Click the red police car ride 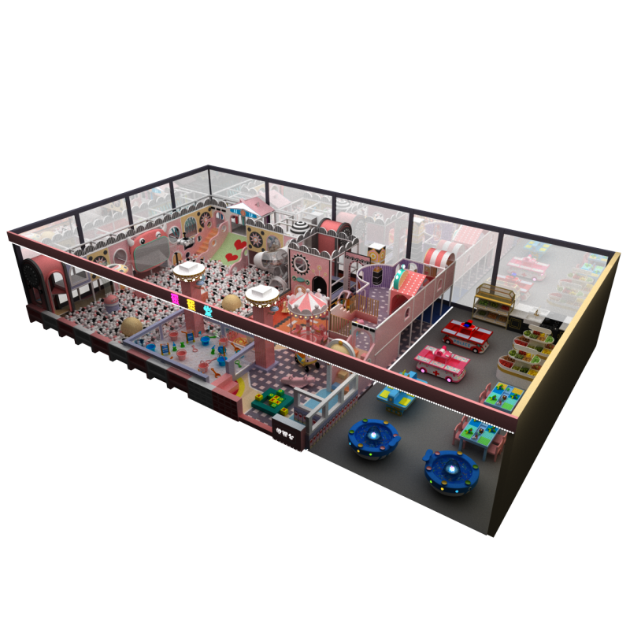[465, 334]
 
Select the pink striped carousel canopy [304, 300]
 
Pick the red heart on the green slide [235, 256]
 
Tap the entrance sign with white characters [287, 432]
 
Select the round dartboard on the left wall [36, 277]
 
